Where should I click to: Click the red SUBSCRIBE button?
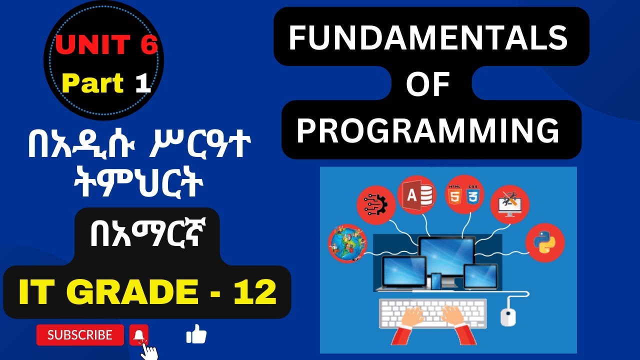point(80,335)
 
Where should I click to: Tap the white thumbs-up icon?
point(196,334)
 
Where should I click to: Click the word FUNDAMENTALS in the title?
point(428,38)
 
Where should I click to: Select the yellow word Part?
point(93,83)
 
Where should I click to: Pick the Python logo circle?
point(545,243)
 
